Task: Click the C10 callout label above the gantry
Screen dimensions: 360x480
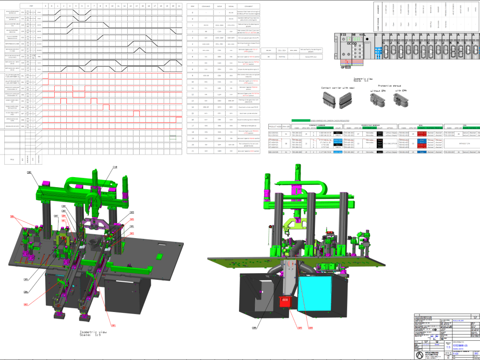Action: [115, 167]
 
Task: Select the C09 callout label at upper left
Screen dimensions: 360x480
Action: [29, 172]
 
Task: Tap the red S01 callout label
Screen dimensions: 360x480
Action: [114, 325]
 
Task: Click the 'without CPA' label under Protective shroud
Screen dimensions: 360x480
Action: [379, 91]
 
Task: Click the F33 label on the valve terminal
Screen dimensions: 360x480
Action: [343, 35]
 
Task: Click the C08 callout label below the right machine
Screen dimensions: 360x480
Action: [254, 328]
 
